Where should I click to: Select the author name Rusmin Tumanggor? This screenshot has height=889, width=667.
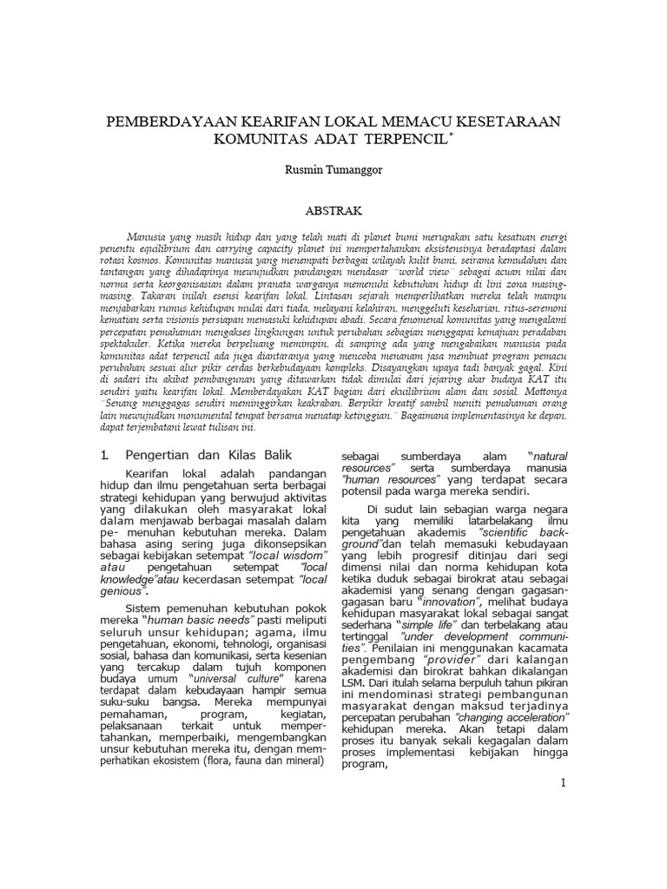click(x=333, y=170)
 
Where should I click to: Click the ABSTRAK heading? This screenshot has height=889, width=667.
click(x=333, y=211)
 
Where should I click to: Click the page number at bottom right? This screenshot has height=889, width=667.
click(x=564, y=782)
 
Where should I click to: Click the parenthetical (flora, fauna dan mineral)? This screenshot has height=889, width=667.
click(x=251, y=761)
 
